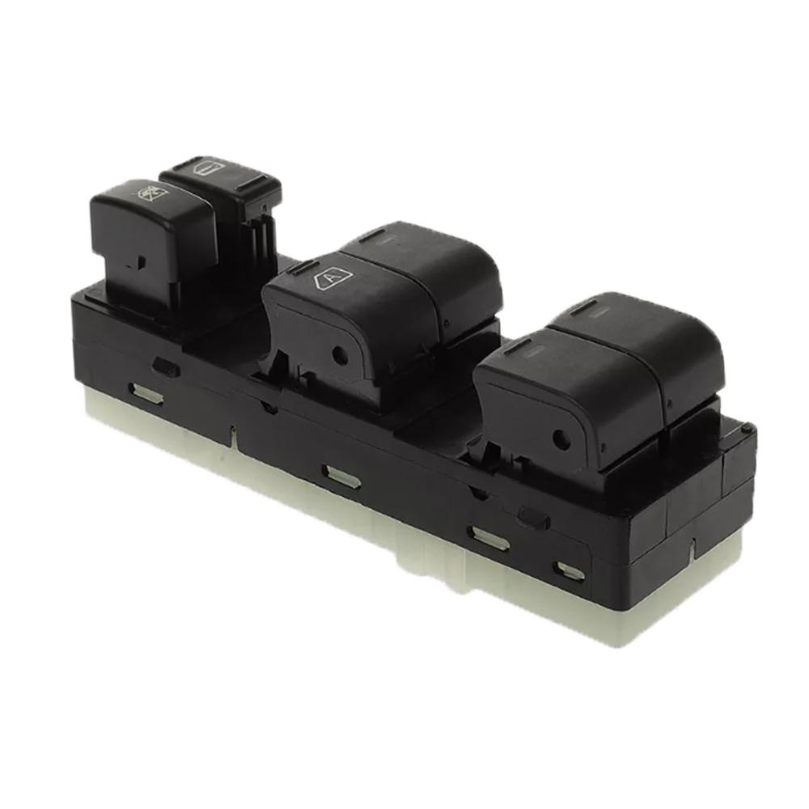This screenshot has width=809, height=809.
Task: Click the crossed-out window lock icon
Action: [x=151, y=193]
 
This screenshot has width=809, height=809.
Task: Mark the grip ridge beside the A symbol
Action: [x=303, y=268]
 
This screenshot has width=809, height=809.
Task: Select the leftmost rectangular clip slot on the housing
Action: [x=146, y=394]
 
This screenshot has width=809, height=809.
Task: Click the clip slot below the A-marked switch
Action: [x=341, y=476]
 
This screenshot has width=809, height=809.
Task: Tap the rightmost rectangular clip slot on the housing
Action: [x=570, y=571]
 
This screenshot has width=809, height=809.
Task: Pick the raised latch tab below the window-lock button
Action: [x=166, y=366]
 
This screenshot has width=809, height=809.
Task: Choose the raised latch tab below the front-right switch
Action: [x=534, y=517]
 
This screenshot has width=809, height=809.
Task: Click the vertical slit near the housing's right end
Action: [x=693, y=549]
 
